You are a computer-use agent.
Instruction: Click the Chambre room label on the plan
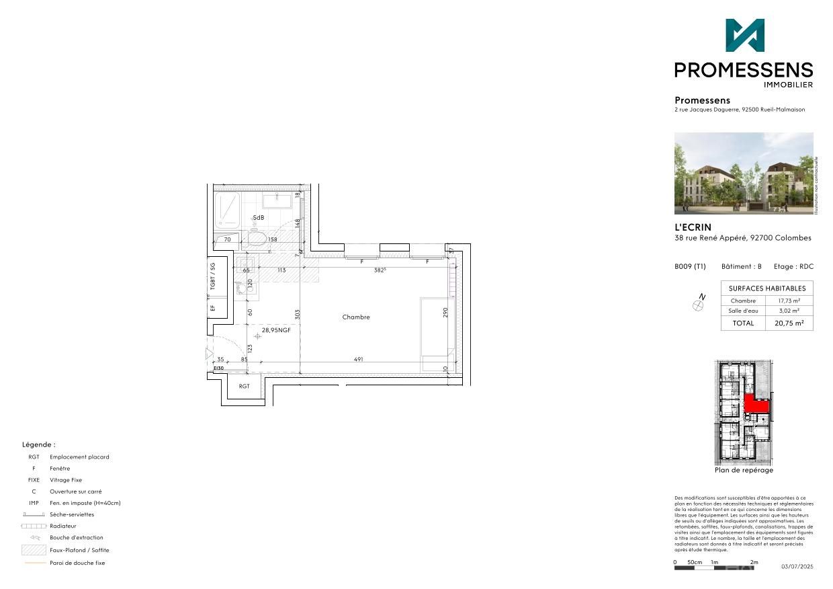[355, 317]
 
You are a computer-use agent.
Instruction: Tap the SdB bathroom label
[259, 218]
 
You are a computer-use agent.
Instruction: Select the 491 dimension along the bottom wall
[358, 360]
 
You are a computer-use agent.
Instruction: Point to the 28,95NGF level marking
[276, 330]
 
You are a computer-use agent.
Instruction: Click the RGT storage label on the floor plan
[244, 386]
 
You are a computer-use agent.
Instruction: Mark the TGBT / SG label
[212, 276]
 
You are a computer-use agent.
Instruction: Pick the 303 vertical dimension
[297, 314]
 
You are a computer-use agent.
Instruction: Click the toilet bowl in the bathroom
[257, 239]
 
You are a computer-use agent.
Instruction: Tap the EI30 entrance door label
[218, 368]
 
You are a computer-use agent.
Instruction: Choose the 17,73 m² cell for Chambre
[789, 301]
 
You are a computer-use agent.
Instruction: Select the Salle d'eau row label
[742, 311]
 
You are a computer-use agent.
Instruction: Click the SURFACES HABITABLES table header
[766, 288]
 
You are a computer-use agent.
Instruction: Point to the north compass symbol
[699, 305]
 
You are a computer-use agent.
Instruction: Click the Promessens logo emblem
[744, 36]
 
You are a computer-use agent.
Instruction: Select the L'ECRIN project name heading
[693, 227]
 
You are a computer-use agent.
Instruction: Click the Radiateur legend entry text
[63, 526]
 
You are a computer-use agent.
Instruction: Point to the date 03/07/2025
[797, 567]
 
